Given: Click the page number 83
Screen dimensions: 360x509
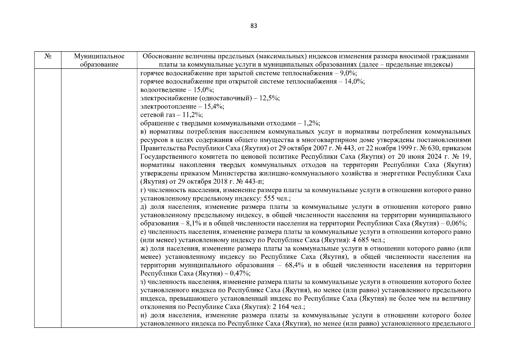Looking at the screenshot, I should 253,26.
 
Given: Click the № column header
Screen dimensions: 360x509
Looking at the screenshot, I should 47,56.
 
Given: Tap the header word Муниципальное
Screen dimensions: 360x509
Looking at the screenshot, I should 99,56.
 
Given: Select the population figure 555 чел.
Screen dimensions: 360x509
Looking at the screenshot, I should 275,199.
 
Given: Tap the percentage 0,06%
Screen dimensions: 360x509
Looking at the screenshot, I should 456,223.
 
